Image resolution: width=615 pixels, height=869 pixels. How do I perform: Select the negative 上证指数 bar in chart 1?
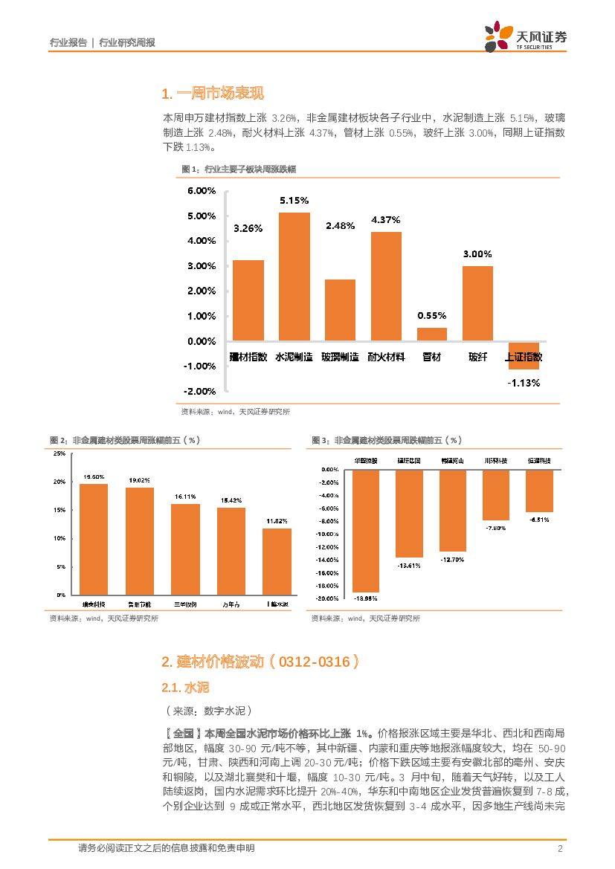(524, 356)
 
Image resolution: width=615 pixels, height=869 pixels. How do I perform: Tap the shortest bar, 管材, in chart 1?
(432, 335)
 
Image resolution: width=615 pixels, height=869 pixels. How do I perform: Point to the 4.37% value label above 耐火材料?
(386, 220)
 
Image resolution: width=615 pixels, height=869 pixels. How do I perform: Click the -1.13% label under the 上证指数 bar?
(524, 383)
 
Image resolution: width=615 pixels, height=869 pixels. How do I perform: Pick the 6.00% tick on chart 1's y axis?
(201, 191)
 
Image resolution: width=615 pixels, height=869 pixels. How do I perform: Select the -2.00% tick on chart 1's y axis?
(201, 391)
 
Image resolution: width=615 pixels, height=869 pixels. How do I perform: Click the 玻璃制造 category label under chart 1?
(340, 357)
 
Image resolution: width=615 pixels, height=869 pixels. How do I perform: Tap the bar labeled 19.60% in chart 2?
(94, 539)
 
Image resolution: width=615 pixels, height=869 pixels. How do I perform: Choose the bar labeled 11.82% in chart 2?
(277, 561)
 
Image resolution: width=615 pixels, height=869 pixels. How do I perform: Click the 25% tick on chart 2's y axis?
(59, 454)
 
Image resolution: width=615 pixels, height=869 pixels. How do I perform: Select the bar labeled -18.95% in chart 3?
(366, 531)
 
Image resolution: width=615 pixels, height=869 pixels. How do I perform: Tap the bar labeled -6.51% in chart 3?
(539, 491)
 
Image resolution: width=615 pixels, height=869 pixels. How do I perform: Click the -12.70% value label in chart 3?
(452, 558)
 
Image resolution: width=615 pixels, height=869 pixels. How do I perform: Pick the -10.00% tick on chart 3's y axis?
(329, 534)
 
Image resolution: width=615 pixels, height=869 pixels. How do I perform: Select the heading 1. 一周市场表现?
(212, 94)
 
